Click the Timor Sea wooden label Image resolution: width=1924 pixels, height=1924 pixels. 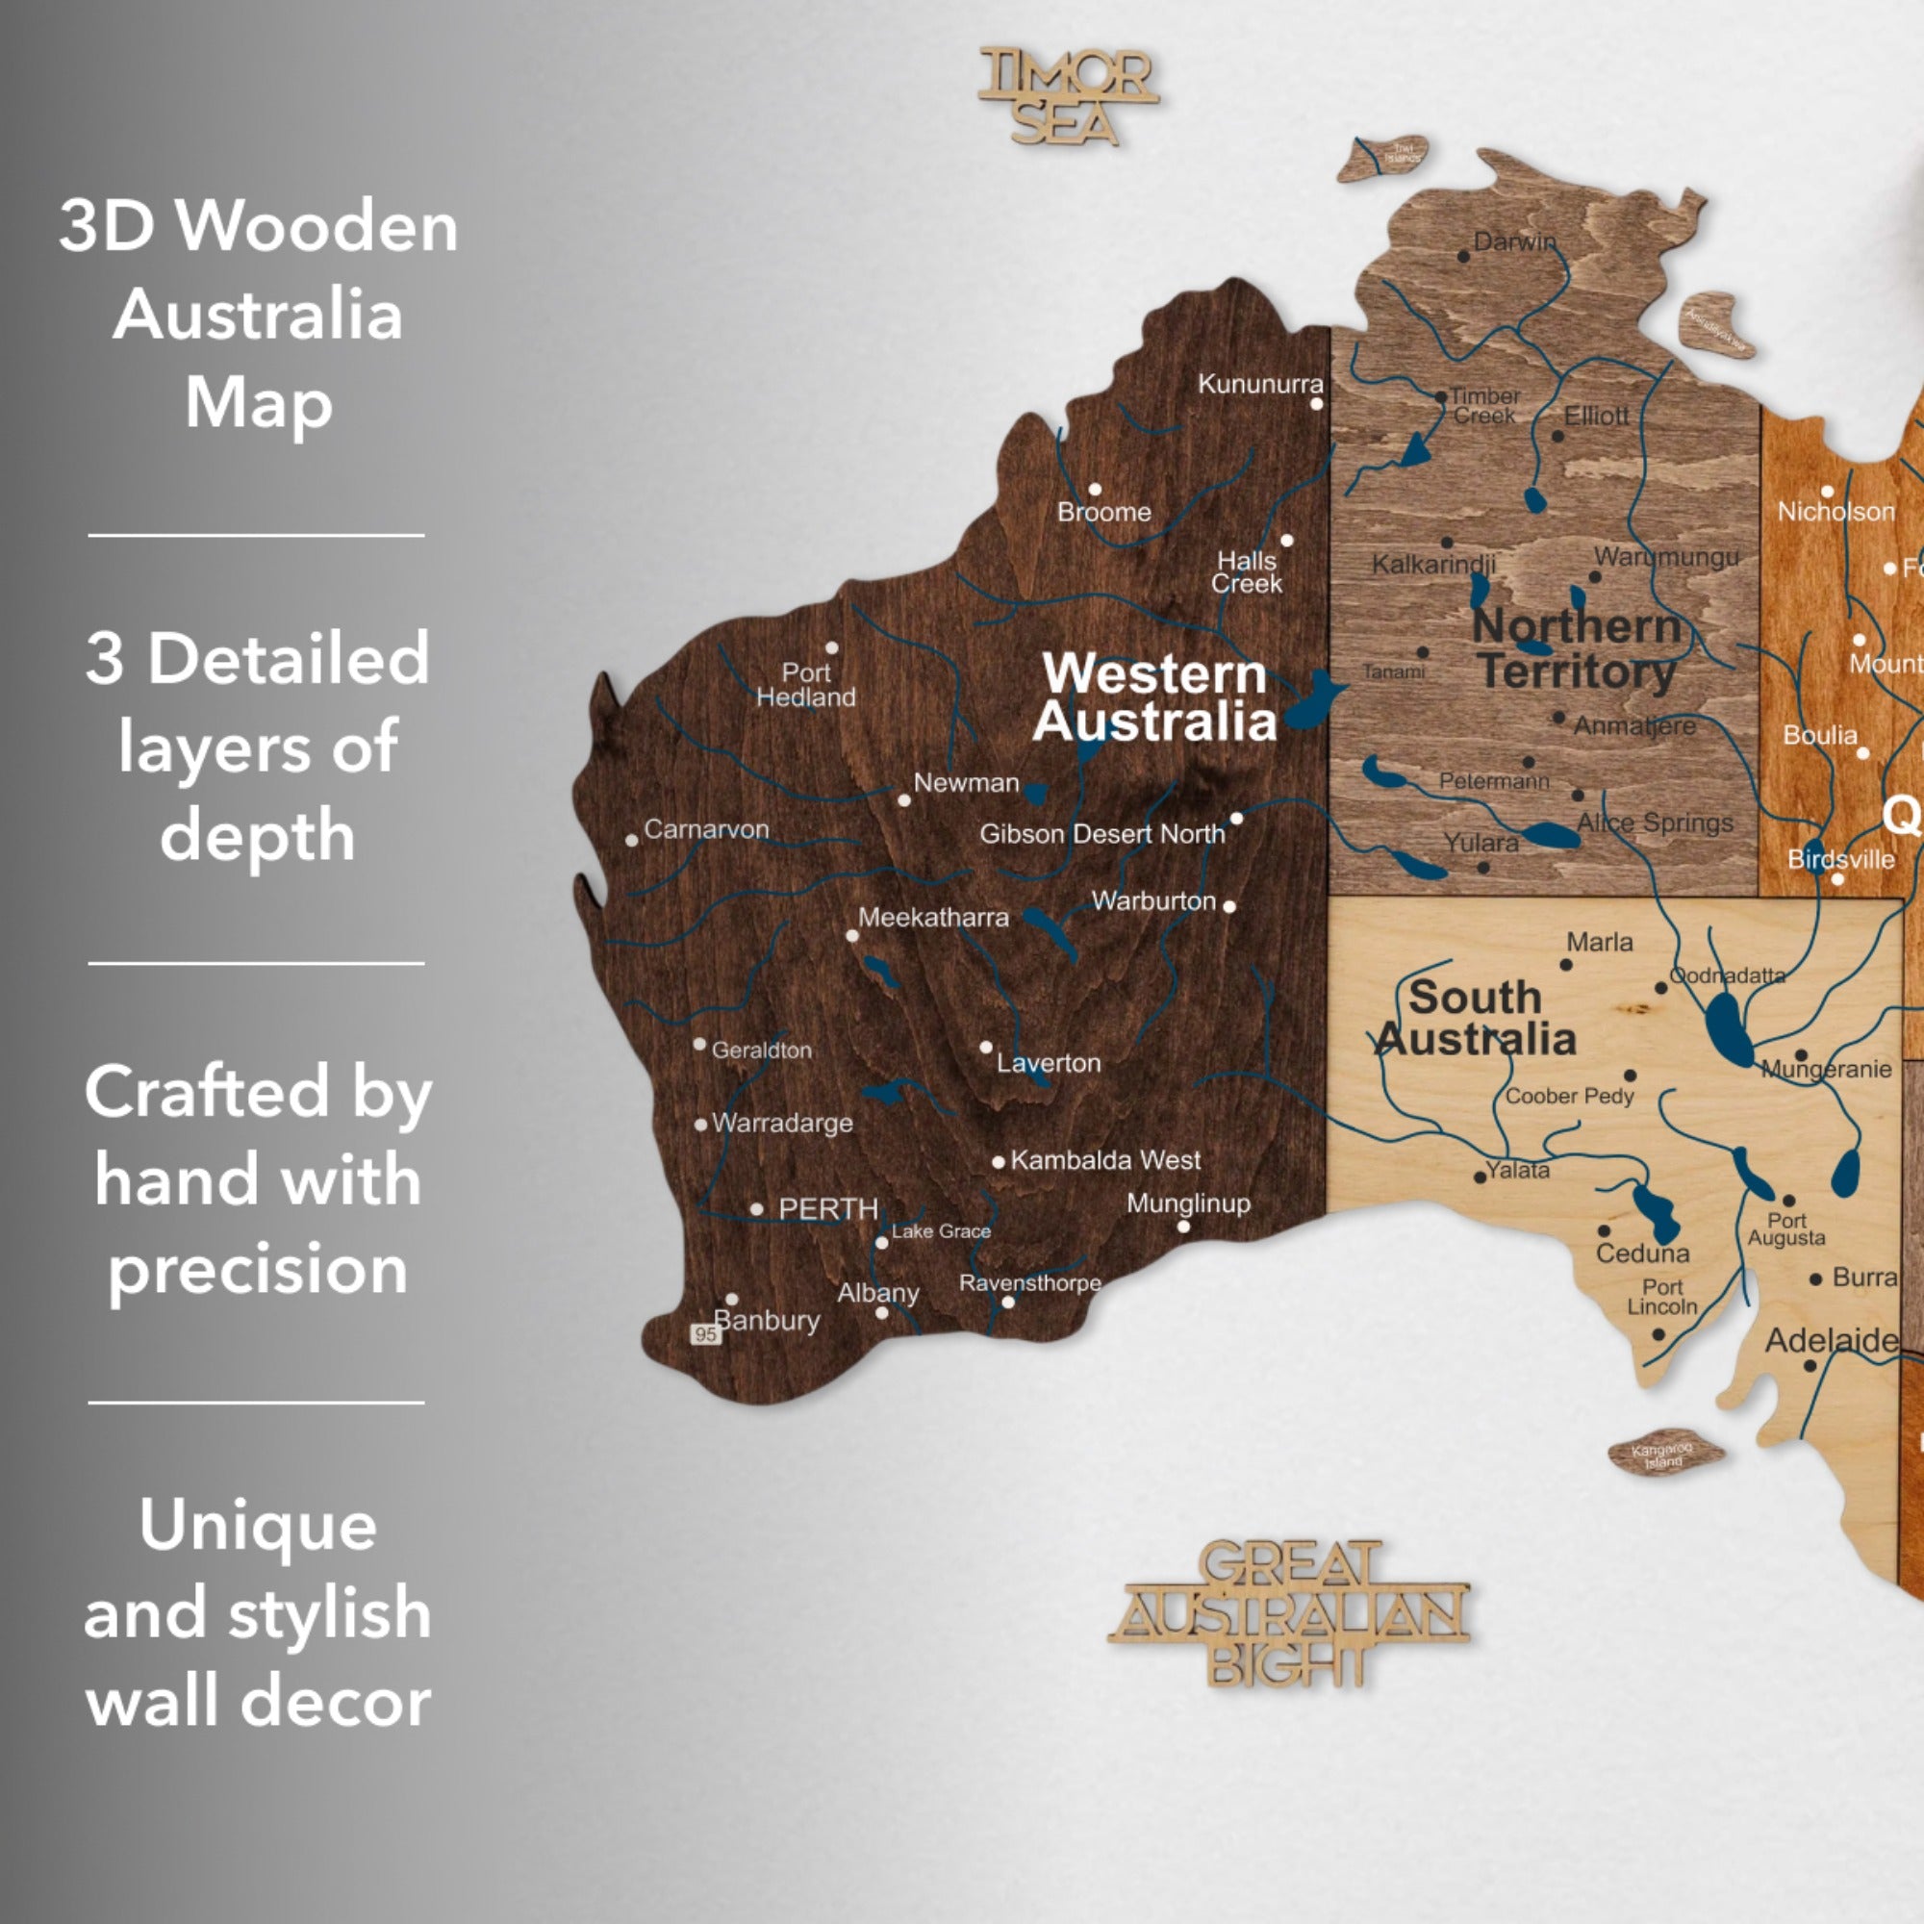click(1068, 96)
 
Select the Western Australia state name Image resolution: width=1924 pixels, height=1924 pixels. click(1155, 697)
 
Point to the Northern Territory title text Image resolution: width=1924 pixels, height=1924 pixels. click(1577, 648)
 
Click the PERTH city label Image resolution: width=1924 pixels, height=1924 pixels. click(827, 1209)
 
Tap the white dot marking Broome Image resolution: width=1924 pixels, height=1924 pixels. click(1095, 489)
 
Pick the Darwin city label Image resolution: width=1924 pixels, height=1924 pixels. click(1513, 242)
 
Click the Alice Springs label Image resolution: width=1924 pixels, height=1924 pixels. click(1655, 823)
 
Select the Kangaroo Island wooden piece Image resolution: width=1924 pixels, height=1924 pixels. click(1664, 1455)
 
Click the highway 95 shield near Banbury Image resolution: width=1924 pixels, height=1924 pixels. click(705, 1334)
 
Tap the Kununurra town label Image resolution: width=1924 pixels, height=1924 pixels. click(1260, 384)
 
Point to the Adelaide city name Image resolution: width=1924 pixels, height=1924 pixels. click(1831, 1340)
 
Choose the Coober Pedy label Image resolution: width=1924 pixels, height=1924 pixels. click(1569, 1096)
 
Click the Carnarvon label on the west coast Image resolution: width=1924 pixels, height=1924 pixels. click(706, 828)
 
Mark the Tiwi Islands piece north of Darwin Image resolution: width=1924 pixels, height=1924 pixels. click(1382, 158)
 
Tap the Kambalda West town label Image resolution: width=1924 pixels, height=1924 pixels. click(1105, 1160)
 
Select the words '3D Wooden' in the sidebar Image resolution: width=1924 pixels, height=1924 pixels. click(258, 226)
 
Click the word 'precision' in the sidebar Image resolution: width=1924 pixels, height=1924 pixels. click(258, 1270)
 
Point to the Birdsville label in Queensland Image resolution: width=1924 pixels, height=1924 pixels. click(1840, 858)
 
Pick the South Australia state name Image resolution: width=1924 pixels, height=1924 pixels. click(1476, 1018)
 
